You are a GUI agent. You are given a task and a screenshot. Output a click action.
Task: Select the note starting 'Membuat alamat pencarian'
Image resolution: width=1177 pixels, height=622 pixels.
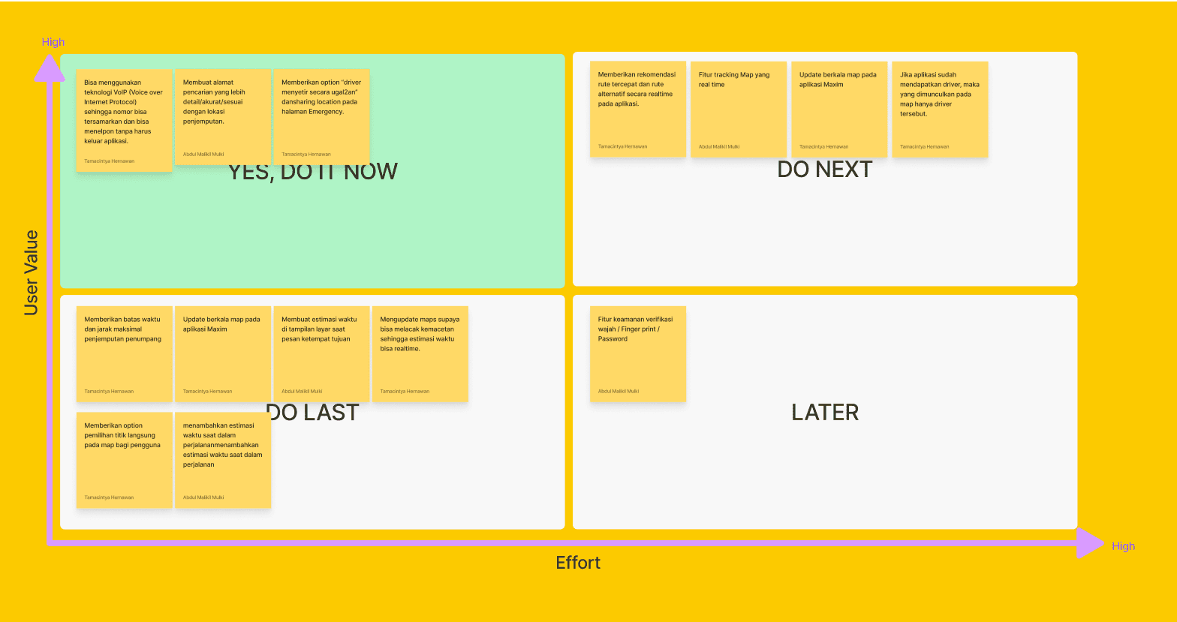coord(223,116)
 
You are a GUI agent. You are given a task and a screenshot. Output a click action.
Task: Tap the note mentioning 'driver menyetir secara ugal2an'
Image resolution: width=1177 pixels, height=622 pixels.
coord(321,116)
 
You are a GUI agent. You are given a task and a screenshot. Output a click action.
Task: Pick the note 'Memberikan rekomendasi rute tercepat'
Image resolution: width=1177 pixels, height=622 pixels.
coord(638,109)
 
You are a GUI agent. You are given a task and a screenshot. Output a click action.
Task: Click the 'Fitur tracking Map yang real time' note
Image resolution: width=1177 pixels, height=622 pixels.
coord(739,109)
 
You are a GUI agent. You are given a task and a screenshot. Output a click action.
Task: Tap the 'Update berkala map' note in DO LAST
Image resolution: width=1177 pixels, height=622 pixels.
coord(223,353)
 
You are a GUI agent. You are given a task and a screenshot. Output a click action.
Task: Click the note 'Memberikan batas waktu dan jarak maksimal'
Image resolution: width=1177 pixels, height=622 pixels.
coord(124,353)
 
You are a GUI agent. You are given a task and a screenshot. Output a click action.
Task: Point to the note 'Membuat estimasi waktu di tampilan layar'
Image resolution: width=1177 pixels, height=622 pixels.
coord(321,353)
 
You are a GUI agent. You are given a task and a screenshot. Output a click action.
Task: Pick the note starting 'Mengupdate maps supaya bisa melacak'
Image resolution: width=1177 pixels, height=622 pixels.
coord(420,353)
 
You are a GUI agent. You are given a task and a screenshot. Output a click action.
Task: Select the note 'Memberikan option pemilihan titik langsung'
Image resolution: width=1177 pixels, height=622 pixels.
coord(124,460)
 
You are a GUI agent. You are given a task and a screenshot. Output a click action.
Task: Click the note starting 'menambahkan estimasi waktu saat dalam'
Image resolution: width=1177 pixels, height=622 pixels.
coord(223,460)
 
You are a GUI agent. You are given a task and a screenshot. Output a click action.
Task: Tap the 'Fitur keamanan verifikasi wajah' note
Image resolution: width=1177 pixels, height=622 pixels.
coord(638,353)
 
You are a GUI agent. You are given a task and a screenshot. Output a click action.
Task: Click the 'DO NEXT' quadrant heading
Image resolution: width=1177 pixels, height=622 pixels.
coord(824,170)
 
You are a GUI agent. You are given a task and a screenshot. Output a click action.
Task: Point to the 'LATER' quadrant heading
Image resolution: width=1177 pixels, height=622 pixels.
coord(825,412)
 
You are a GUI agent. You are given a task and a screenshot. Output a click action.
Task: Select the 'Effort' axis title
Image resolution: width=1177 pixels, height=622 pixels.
coord(578,563)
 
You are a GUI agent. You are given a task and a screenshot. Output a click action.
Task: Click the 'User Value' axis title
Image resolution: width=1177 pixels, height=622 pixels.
coord(31,272)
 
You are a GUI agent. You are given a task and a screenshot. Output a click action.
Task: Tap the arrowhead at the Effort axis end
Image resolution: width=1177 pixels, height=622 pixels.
coord(1090,542)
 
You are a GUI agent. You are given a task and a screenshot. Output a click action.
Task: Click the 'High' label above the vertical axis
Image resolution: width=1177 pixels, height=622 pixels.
coord(53,42)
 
